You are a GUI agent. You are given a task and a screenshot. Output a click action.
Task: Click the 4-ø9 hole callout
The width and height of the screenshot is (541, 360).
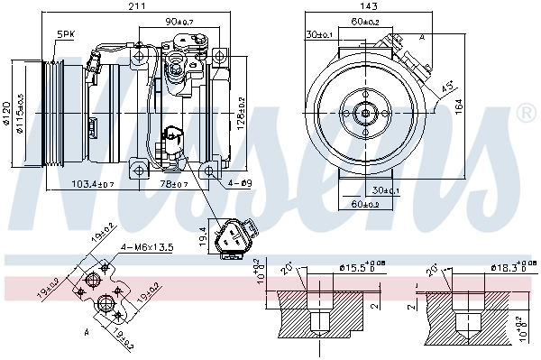coord(239,184)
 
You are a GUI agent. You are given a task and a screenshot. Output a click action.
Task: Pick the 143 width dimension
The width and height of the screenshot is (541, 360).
coord(367,7)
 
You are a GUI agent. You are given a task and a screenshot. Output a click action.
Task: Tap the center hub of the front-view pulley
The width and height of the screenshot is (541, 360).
coord(366,113)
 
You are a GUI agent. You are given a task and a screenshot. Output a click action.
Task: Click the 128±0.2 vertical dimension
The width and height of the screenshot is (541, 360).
coord(242,113)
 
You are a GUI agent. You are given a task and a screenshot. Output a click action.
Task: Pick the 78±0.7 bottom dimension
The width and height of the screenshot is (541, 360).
coord(177,184)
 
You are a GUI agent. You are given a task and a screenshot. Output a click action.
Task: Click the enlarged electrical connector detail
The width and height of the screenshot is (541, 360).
coord(236,236)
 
